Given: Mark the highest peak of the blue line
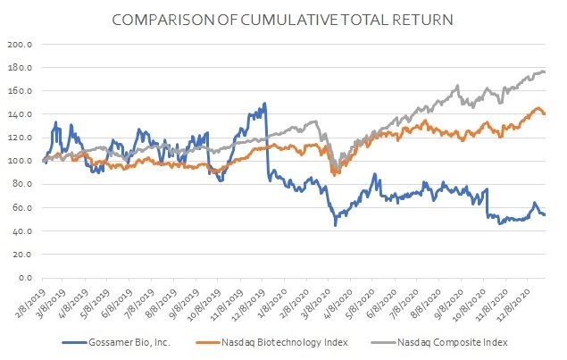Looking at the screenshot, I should click(x=264, y=104).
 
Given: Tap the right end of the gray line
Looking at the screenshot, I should click(x=545, y=71).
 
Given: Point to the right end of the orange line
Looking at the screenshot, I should click(x=545, y=113).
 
